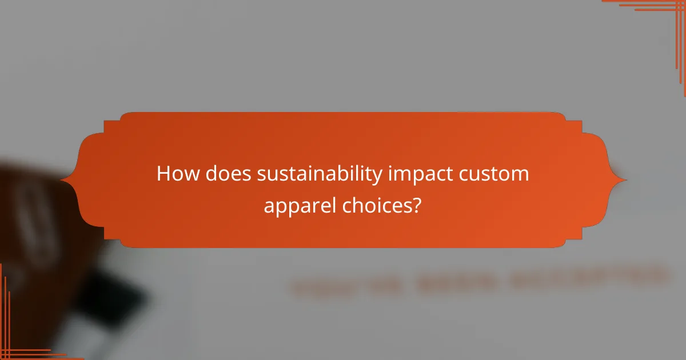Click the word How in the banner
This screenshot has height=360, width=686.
[174, 174]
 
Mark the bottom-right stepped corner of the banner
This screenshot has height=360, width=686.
[574, 240]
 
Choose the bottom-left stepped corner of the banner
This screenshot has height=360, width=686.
[112, 240]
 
